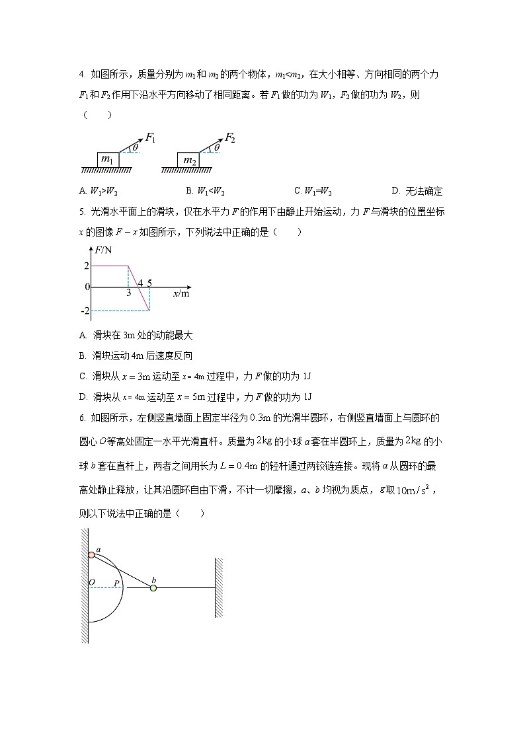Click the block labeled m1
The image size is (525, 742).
[x=107, y=161]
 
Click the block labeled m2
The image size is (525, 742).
[x=189, y=161]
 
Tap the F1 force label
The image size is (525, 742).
[x=150, y=138]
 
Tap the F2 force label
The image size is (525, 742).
[x=230, y=137]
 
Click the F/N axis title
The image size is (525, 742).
[x=103, y=250]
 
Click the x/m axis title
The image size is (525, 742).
[x=181, y=294]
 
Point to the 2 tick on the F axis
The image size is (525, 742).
[x=86, y=266]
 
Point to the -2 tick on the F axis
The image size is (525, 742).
[x=85, y=311]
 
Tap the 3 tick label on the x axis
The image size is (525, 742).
[x=128, y=293]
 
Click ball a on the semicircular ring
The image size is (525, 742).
[x=92, y=555]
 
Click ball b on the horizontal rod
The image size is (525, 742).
[x=153, y=587]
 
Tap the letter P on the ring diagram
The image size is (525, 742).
[x=116, y=583]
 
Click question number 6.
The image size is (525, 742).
[x=81, y=418]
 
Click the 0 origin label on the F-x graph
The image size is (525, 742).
[x=87, y=287]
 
